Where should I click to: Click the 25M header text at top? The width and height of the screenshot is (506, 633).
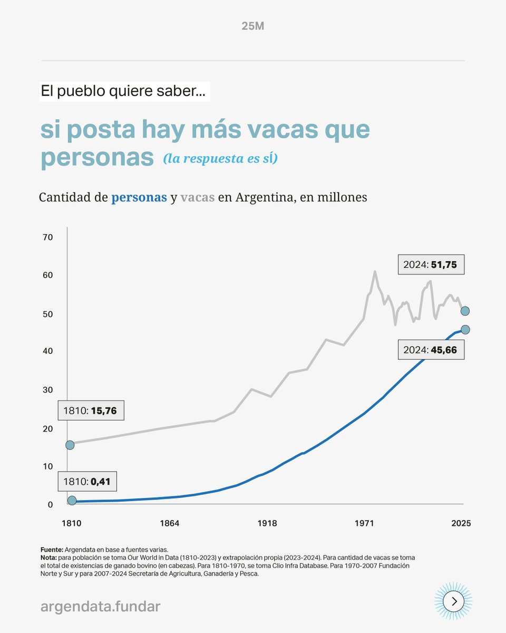[x=252, y=26]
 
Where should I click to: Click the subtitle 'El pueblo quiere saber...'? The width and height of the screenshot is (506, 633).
[x=125, y=91]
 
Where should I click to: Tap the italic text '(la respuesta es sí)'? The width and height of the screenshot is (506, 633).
[x=220, y=158]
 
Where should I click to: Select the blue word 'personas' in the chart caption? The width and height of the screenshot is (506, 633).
[x=139, y=198]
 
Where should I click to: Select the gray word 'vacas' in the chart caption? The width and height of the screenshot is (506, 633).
[x=197, y=198]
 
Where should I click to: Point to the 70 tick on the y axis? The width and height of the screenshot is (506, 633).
[x=48, y=237]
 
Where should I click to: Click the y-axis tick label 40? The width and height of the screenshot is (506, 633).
[x=48, y=351]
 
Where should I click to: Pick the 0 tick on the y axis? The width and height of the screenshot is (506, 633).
[x=50, y=505]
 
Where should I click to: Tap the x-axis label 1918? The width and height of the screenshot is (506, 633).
[x=267, y=524]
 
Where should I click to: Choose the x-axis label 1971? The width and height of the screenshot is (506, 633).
[x=364, y=524]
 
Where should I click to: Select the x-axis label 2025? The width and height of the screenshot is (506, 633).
[x=461, y=524]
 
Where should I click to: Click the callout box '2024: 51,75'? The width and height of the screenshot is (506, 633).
[x=431, y=265]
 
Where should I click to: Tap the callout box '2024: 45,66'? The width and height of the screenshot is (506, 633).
[x=431, y=350]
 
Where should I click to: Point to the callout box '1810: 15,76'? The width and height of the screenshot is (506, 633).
[x=90, y=410]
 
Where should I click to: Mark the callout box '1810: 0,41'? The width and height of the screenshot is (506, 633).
[x=87, y=481]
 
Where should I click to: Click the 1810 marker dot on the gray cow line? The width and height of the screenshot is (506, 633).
[x=70, y=445]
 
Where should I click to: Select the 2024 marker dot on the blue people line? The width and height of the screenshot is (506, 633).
[x=465, y=330]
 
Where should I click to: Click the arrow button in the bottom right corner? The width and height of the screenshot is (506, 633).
[x=453, y=601]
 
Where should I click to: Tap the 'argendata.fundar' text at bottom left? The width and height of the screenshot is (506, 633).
[x=100, y=607]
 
